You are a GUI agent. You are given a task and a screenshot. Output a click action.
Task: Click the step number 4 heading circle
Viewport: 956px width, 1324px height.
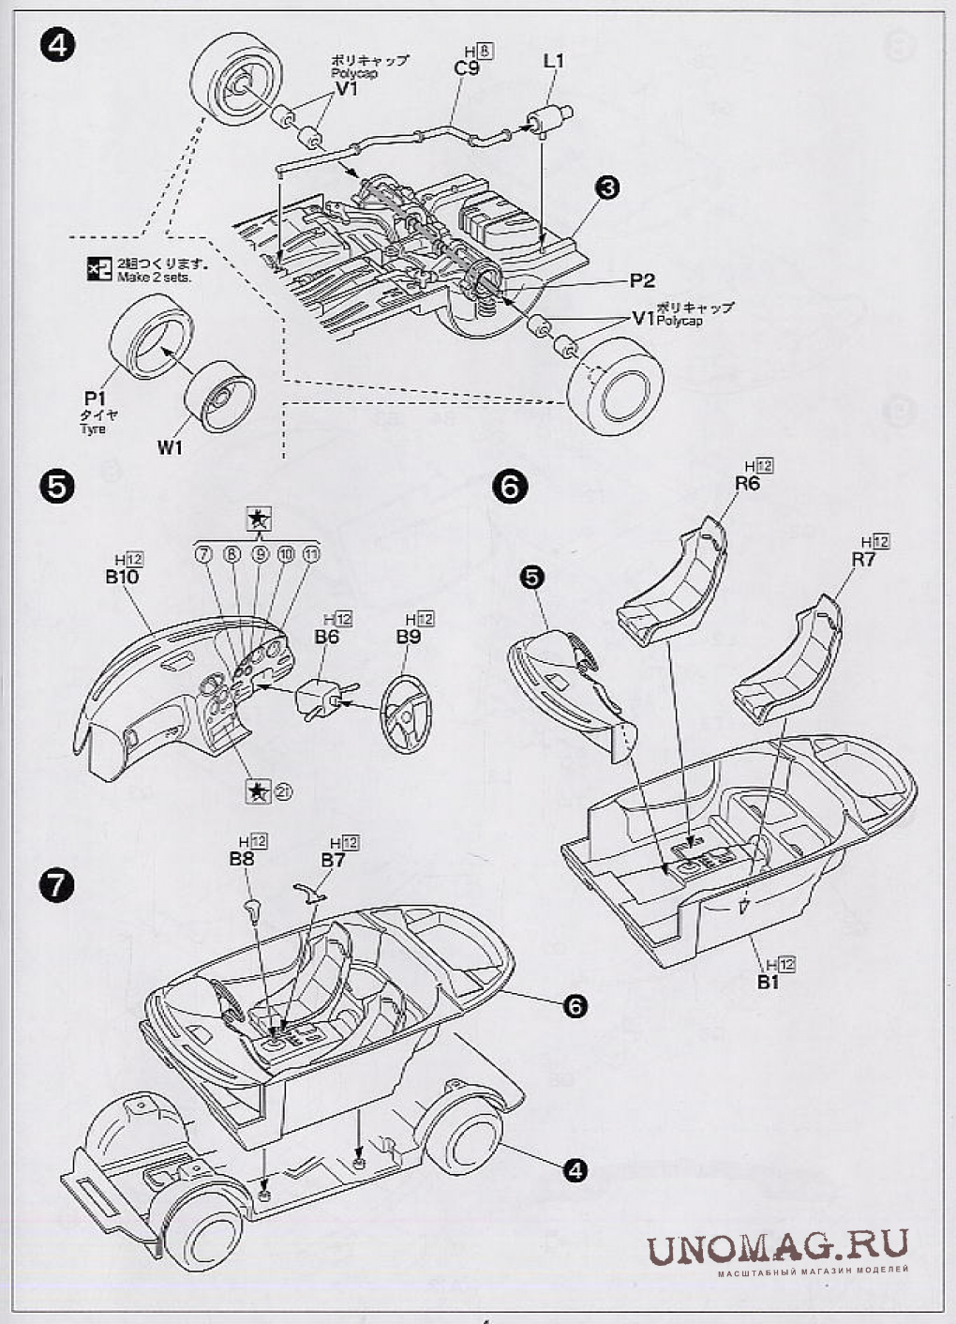click(58, 44)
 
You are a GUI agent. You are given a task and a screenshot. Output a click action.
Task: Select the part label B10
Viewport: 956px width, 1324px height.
click(122, 577)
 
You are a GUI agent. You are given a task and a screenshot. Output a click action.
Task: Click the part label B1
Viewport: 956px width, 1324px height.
click(769, 982)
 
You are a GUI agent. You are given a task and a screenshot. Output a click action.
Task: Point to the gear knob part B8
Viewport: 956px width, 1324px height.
click(252, 907)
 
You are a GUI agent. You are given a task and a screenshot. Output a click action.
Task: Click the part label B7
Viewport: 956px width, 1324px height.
click(333, 860)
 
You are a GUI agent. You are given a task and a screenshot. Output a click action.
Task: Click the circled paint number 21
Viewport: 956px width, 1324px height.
click(283, 792)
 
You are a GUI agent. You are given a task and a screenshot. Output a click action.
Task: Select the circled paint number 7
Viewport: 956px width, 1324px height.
click(202, 555)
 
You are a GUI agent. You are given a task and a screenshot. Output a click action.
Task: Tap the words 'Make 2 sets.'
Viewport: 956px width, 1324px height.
click(160, 278)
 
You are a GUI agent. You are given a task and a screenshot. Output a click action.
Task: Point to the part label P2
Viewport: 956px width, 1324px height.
click(642, 280)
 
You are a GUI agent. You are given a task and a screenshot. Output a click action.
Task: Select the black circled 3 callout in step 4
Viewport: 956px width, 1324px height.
click(607, 188)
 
